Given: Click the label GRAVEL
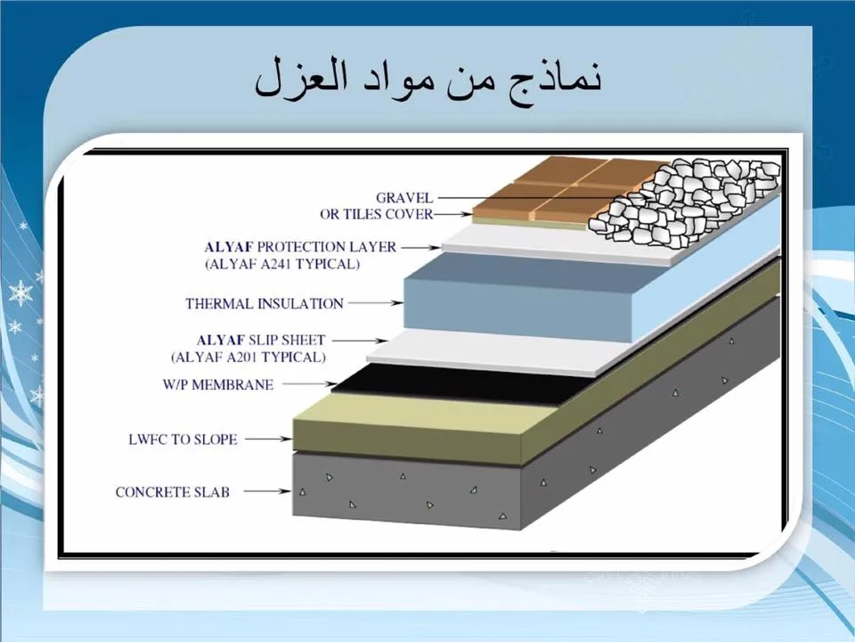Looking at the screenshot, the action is pyautogui.click(x=404, y=198).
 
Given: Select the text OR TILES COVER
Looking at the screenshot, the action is pyautogui.click(x=376, y=215).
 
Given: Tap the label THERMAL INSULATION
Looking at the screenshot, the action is pyautogui.click(x=265, y=303).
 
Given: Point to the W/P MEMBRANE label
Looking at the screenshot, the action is pyautogui.click(x=218, y=385).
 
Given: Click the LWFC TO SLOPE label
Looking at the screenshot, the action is pyautogui.click(x=183, y=440).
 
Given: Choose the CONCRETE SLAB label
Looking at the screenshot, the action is pyautogui.click(x=172, y=492).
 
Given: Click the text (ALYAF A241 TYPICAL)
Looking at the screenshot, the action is pyautogui.click(x=282, y=264).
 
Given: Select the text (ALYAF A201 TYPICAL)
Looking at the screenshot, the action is pyautogui.click(x=248, y=358).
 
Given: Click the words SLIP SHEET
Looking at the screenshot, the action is pyautogui.click(x=287, y=341).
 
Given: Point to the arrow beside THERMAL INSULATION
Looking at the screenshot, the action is pyautogui.click(x=376, y=303).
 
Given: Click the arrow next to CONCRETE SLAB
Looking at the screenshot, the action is pyautogui.click(x=267, y=491).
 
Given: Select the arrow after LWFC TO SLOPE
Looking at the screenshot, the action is pyautogui.click(x=269, y=439).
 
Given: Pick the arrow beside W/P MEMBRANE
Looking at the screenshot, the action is pyautogui.click(x=310, y=384).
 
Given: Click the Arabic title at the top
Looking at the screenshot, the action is pyautogui.click(x=428, y=80).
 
